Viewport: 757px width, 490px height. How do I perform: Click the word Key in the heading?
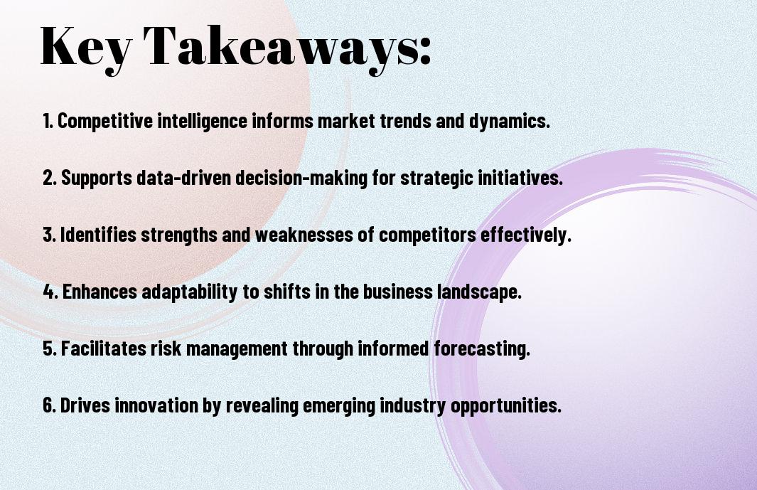click(85, 48)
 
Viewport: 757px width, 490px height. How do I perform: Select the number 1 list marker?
click(48, 121)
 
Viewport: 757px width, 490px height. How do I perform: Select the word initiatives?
click(520, 178)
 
